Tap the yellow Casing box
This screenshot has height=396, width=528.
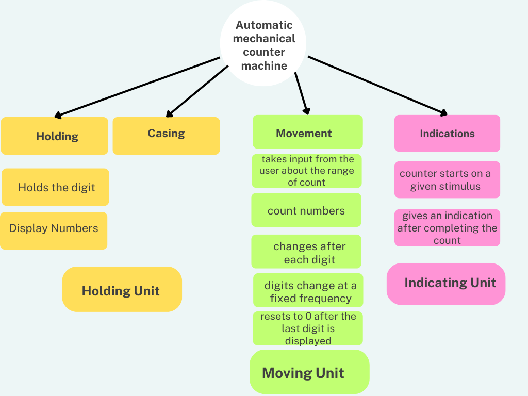(x=166, y=136)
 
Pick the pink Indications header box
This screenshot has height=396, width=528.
(x=447, y=134)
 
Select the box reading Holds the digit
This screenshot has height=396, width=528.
(x=56, y=187)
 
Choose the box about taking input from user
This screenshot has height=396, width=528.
(x=306, y=171)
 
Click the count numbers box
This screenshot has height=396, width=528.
(x=306, y=210)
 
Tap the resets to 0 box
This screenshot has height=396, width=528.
(x=308, y=328)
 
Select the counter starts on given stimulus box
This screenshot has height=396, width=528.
(x=447, y=179)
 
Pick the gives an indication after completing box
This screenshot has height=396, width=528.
(x=447, y=227)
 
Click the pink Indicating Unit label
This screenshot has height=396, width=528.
(x=446, y=284)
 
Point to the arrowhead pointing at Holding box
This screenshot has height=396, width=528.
(x=58, y=115)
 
